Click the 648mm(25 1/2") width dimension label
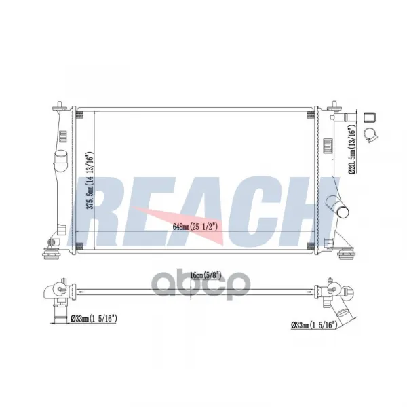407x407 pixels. pyautogui.click(x=195, y=227)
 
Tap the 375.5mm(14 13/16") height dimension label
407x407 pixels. pyautogui.click(x=90, y=180)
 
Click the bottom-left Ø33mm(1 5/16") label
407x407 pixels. pyautogui.click(x=94, y=318)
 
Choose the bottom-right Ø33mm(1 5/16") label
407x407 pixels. pyautogui.click(x=314, y=325)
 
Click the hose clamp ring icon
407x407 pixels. pyautogui.click(x=370, y=135)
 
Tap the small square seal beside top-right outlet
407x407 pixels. pyautogui.click(x=370, y=117)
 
